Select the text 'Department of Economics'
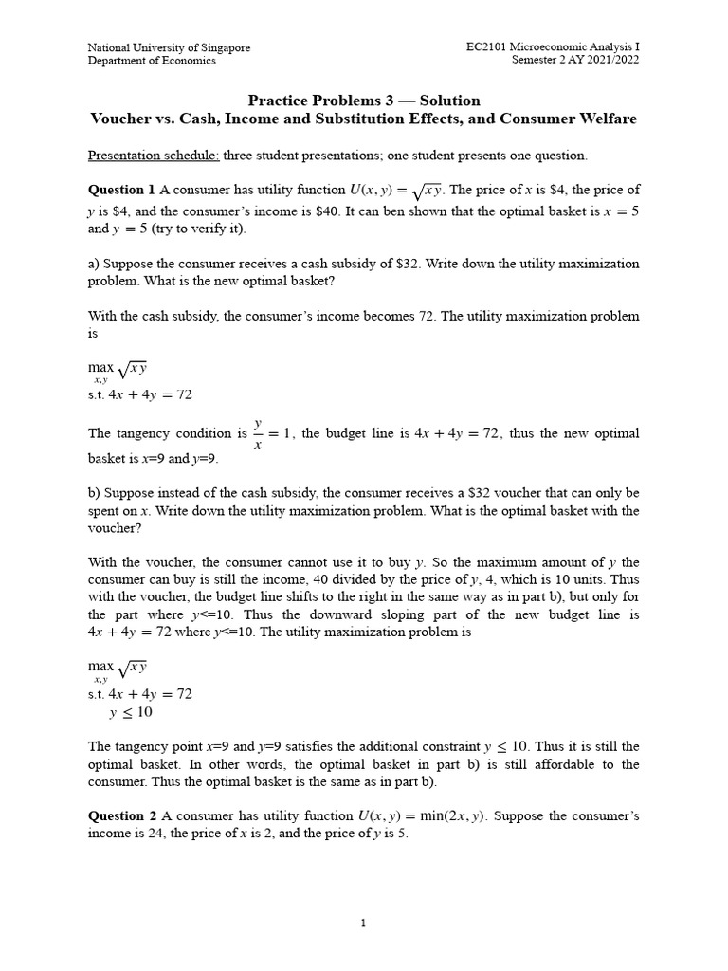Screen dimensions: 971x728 (x=152, y=61)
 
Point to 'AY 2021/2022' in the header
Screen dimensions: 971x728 (x=607, y=61)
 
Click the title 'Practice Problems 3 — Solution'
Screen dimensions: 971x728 (x=364, y=101)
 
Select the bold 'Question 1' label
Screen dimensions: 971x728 (x=122, y=191)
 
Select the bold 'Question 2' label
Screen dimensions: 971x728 (x=122, y=815)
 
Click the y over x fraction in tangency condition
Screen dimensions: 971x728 (x=258, y=433)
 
